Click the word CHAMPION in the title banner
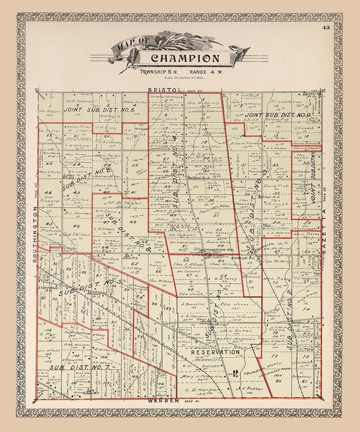(185, 58)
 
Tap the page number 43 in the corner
(326, 28)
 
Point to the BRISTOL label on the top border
(165, 90)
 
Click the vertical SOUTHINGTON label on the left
(35, 234)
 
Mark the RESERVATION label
(215, 352)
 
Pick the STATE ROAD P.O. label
(45, 288)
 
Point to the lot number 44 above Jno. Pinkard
(48, 192)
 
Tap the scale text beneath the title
(184, 78)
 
